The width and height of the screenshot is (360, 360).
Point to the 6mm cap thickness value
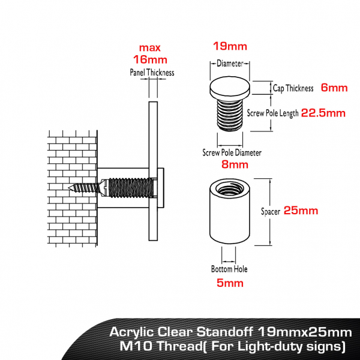[334, 88]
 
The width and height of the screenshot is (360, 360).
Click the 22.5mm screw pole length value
[323, 112]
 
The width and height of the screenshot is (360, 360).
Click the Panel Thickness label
[152, 73]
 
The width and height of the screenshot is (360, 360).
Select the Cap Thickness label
[293, 88]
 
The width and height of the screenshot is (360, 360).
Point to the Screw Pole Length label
[273, 113]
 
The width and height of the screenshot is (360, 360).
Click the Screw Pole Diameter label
[232, 152]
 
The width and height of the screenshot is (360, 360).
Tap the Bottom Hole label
[229, 269]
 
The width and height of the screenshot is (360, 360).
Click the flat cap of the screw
[230, 90]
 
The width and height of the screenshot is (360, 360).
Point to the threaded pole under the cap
[230, 114]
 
